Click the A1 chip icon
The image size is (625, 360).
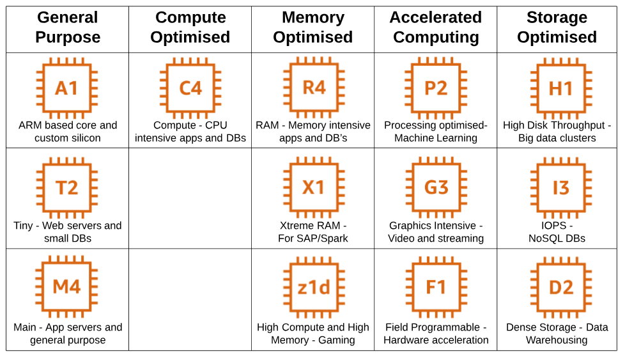67,88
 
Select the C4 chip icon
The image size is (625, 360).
190,88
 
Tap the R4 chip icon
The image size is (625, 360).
313,88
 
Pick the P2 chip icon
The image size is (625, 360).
436,88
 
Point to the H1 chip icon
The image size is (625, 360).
560,88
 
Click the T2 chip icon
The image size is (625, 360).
67,187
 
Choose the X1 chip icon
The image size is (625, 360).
313,187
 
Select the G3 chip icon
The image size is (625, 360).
436,187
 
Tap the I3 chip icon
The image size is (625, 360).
560,187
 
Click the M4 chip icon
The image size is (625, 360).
67,287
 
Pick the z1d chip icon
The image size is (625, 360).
313,287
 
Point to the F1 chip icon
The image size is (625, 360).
436,287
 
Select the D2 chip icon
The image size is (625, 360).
560,287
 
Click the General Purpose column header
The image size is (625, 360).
68,27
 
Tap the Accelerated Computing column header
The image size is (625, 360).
436,27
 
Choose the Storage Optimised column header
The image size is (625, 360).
557,27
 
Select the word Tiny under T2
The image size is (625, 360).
26,226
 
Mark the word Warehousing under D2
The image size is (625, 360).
557,340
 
